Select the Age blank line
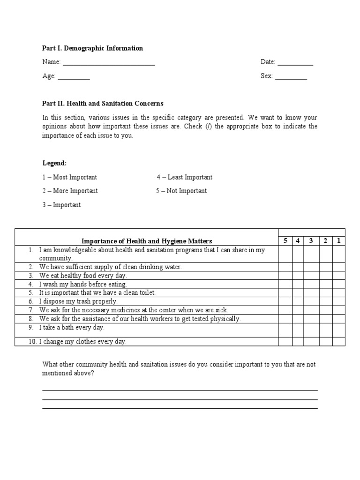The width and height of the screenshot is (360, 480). click(74, 78)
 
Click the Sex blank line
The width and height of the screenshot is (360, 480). click(291, 78)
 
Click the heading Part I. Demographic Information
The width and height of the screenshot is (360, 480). click(93, 48)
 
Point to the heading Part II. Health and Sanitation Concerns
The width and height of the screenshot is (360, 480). click(103, 104)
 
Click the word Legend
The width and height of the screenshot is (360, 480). click(55, 163)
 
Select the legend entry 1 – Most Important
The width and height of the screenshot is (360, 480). click(70, 177)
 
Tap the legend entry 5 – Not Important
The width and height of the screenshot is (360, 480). click(181, 191)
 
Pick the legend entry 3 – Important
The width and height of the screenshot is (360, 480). click(61, 205)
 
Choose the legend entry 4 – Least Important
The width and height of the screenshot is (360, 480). click(185, 177)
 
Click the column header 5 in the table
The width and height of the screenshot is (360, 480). click(285, 241)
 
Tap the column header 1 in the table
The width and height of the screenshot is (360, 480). click(338, 241)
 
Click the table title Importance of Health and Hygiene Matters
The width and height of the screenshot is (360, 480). click(147, 241)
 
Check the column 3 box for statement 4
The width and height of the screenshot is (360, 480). click(311, 284)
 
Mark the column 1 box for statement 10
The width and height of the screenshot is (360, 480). click(338, 342)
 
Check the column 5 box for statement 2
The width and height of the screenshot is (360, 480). click(285, 267)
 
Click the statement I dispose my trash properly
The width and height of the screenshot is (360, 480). click(78, 301)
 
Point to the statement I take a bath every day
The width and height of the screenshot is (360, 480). click(72, 328)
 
